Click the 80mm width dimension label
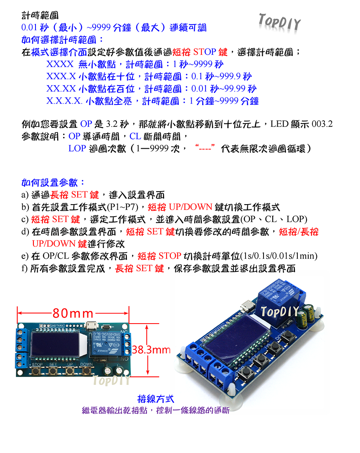[74, 312]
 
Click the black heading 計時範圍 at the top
[40, 16]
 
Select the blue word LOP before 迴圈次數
[77, 149]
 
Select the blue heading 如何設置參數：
[53, 182]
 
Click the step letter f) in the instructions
[25, 268]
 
